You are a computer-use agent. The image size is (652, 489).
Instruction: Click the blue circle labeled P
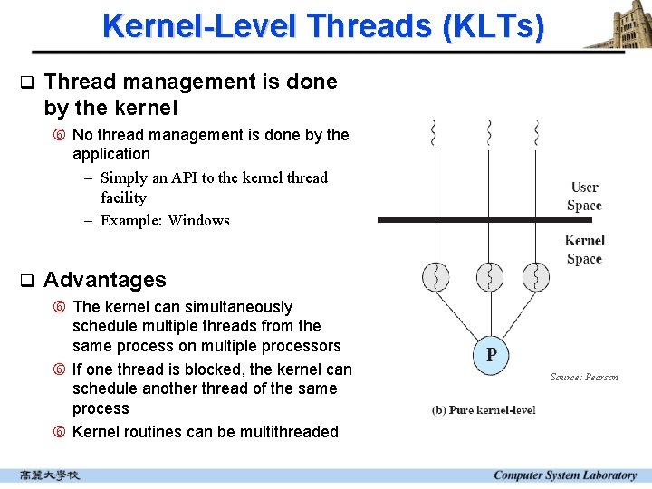tap(490, 354)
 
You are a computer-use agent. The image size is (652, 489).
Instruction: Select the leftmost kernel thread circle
tap(436, 276)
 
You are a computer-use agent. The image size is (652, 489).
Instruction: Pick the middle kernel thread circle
tap(489, 276)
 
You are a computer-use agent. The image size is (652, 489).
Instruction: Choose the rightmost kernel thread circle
tap(536, 276)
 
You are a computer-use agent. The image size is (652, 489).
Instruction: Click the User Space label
tap(584, 197)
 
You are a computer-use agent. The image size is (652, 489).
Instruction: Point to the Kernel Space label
tap(584, 249)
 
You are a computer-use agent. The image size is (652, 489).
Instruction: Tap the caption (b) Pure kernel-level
tap(484, 410)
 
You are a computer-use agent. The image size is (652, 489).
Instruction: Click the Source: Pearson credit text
tap(584, 377)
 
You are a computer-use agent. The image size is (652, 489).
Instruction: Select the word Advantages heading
tap(105, 280)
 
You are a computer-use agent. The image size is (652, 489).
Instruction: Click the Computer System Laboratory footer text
tap(565, 475)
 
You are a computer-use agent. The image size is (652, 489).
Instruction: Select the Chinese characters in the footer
tap(50, 475)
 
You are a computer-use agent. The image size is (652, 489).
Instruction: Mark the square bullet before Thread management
tap(26, 82)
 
